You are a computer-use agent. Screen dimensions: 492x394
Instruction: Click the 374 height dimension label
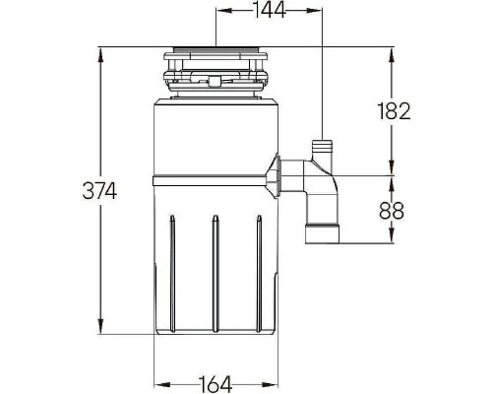tap(99, 191)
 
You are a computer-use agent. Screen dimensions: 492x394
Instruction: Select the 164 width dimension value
tap(215, 383)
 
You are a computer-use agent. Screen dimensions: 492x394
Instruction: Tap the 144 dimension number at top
tap(270, 10)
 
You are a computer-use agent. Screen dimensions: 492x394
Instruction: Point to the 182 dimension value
tap(394, 110)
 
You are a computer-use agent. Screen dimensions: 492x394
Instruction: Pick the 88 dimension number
tap(392, 211)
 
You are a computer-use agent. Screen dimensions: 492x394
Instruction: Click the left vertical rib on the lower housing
tap(172, 274)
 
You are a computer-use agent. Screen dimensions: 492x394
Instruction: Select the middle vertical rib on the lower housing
tap(215, 274)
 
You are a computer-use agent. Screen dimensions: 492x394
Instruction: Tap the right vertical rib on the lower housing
tap(259, 274)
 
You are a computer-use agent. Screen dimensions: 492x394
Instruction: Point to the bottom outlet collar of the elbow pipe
tap(323, 233)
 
